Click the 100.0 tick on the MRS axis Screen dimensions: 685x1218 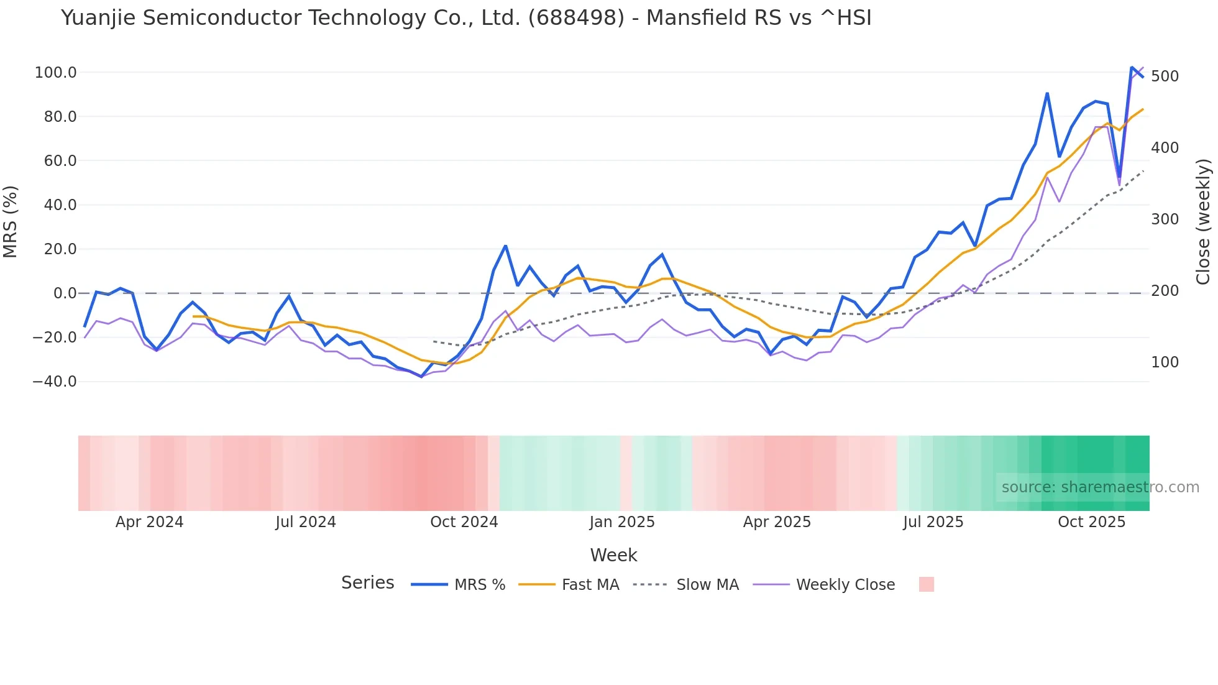(55, 73)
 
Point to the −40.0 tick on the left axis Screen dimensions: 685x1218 (54, 382)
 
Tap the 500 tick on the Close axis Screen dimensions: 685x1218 (1165, 76)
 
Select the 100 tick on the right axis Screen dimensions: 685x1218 (1165, 362)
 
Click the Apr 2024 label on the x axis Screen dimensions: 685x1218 (149, 522)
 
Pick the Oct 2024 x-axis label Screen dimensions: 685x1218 (464, 522)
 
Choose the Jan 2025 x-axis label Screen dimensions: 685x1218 (622, 522)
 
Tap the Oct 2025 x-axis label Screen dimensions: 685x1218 (1092, 522)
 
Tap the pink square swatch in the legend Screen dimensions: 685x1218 (926, 584)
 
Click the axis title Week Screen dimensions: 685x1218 (613, 555)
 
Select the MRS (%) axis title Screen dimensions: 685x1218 (11, 222)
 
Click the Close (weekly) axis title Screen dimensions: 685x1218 (1204, 222)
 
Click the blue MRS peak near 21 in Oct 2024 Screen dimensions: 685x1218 (506, 246)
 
